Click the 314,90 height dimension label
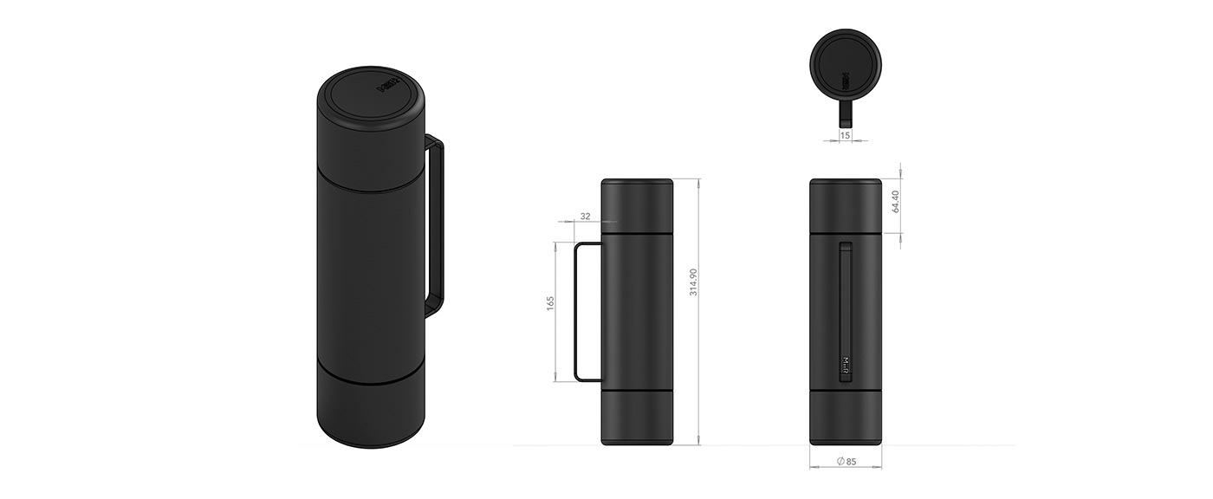[x=693, y=282]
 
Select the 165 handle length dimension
[x=551, y=305]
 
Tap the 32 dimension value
[x=585, y=216]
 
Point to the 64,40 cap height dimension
[x=896, y=203]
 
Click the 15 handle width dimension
[x=845, y=136]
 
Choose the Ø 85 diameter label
[x=847, y=462]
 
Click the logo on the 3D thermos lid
[x=387, y=85]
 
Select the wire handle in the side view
[x=576, y=312]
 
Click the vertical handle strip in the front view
[x=846, y=312]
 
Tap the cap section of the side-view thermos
[x=637, y=206]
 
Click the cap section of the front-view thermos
[x=846, y=206]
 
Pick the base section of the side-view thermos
[x=637, y=418]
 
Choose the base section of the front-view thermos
[x=846, y=418]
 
